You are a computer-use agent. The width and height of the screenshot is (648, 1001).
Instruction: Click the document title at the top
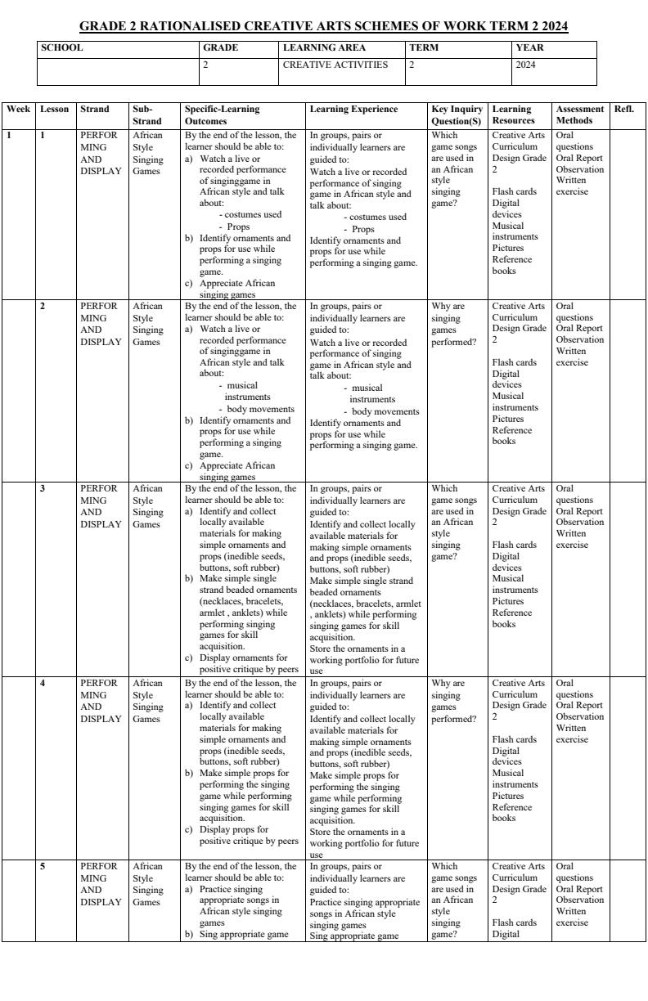324,27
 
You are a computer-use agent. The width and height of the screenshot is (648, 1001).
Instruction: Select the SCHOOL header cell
61,47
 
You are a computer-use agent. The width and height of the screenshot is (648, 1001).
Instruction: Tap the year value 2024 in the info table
526,65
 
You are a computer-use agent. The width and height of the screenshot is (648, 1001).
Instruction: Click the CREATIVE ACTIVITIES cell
335,65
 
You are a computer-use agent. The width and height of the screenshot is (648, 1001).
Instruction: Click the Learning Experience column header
353,109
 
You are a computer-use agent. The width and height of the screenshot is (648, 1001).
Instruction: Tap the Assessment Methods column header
579,114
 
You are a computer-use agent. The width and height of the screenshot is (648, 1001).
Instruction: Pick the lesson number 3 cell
43,489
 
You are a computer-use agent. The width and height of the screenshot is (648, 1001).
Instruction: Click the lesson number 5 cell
43,866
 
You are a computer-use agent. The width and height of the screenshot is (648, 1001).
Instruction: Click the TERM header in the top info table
424,47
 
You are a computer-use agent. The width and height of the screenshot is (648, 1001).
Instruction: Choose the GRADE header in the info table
220,47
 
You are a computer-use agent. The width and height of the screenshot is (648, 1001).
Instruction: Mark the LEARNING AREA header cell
324,47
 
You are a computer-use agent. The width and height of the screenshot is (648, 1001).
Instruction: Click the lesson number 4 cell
43,683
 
